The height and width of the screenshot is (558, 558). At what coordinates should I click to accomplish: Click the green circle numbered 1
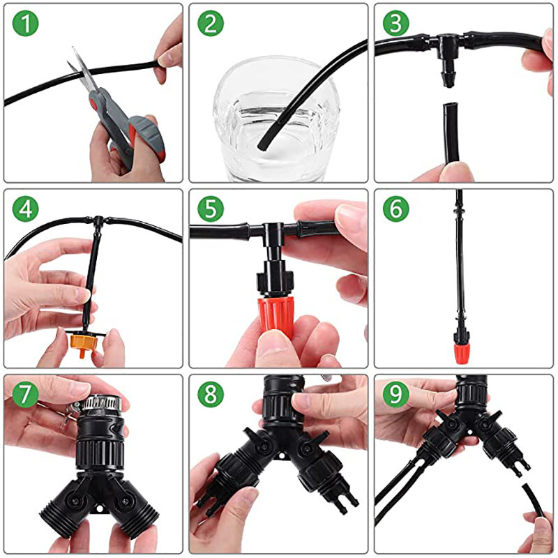coord(25,23)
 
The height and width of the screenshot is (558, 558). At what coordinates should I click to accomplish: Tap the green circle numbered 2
coord(211,23)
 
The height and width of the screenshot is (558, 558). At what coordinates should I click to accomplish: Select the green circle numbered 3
coord(396,23)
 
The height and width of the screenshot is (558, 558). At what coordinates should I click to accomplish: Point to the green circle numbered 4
coord(25,209)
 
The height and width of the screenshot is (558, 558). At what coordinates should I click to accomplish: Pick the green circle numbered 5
coord(211,209)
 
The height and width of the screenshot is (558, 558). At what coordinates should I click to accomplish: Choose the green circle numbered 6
coord(396,209)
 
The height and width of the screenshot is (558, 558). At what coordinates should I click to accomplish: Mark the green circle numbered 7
coord(25,394)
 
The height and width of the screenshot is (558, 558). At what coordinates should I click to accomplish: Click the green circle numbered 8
coord(211,394)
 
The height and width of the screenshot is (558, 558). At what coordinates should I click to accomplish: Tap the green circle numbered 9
coord(396,394)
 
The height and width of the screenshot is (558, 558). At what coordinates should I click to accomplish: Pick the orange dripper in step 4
coord(82,342)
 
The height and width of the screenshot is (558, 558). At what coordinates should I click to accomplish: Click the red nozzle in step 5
coord(275,315)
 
